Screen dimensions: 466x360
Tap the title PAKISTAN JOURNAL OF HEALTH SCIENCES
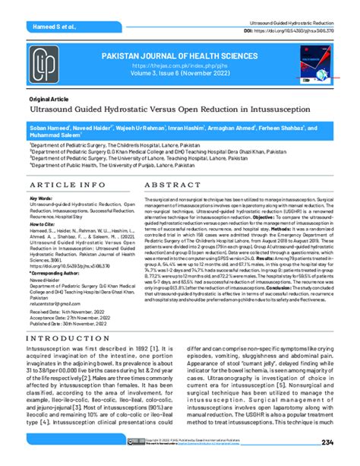coord(181,56)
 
